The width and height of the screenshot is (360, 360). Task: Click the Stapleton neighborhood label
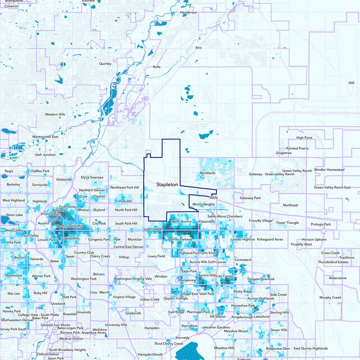click(168, 184)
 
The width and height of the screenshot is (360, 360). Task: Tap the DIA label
click(351, 83)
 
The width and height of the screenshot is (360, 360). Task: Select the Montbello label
click(208, 173)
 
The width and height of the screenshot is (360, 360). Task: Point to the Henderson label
click(189, 13)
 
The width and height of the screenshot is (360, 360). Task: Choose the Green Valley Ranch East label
click(332, 187)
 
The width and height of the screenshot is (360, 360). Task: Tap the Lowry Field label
click(157, 256)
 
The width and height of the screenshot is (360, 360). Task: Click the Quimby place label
click(105, 64)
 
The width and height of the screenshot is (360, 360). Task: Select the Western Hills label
click(55, 114)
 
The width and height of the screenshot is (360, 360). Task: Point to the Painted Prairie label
click(297, 148)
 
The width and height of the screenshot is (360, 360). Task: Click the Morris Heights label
click(203, 204)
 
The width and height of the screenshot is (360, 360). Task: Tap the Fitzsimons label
click(207, 221)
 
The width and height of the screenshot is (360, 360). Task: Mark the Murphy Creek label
click(330, 297)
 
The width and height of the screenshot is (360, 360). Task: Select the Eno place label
click(198, 47)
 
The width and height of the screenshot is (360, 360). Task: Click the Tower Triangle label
click(287, 223)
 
